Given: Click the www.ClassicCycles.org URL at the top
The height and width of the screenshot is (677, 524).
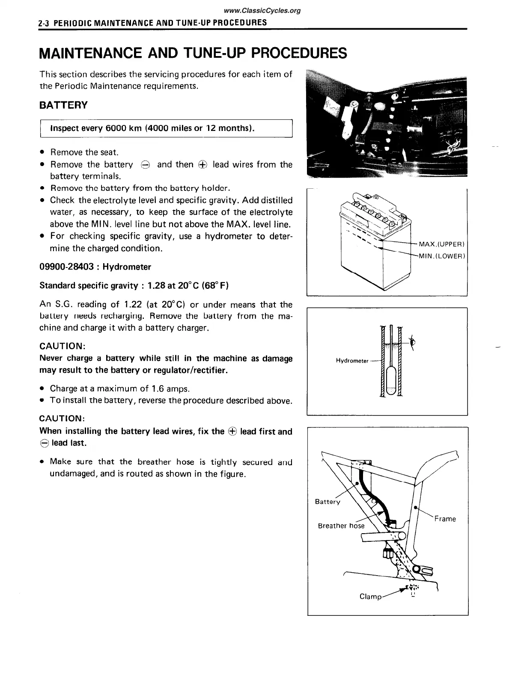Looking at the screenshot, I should click(262, 11).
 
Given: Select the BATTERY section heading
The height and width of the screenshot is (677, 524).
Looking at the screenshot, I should click(63, 105).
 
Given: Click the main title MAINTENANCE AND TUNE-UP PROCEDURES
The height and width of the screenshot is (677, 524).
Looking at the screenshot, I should click(193, 53).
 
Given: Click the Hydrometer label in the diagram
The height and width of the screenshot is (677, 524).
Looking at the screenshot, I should click(352, 361).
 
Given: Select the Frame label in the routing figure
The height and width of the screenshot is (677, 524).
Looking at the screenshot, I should click(445, 519).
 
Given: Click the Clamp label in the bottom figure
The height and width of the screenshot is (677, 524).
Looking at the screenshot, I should click(370, 596).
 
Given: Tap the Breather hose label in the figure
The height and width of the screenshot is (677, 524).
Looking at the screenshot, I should click(341, 526).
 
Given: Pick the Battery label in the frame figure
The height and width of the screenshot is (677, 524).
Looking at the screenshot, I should click(327, 502).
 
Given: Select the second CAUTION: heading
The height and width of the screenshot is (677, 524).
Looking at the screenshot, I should click(62, 418).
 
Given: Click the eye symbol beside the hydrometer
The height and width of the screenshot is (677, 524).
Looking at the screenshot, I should click(413, 342).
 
